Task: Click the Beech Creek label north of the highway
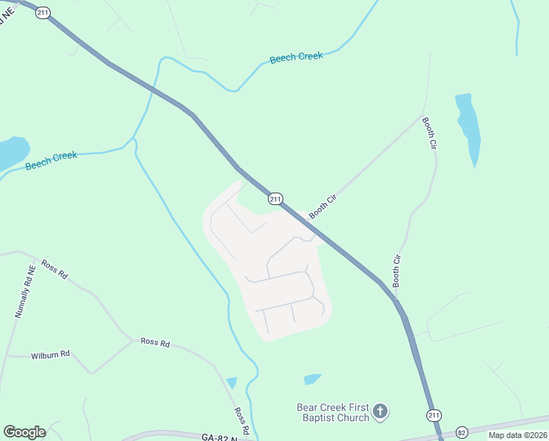[x=297, y=57]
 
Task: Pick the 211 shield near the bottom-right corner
[x=434, y=415]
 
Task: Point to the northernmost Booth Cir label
[x=429, y=135]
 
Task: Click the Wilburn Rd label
[x=50, y=354]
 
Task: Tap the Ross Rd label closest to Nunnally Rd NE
[x=54, y=269]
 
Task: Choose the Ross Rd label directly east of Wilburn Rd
[x=155, y=342]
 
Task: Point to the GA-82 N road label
[x=218, y=437]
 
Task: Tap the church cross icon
[x=379, y=412]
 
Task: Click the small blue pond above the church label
[x=313, y=379]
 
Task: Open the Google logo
[x=24, y=431]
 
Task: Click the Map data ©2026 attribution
[x=517, y=435]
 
